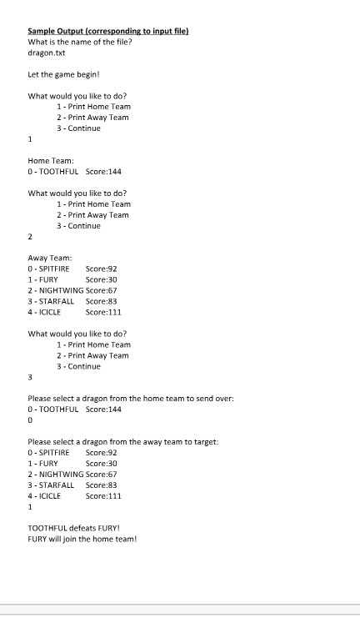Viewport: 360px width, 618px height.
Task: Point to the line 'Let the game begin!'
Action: [63, 73]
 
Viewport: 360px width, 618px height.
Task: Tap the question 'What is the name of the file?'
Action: [78, 42]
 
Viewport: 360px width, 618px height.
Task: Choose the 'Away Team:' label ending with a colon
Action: [50, 259]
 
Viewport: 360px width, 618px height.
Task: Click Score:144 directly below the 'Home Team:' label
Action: [103, 172]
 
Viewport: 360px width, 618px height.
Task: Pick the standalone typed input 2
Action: [31, 237]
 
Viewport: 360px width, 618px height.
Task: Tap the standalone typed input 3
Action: [31, 377]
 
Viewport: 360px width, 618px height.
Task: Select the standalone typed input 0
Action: [31, 420]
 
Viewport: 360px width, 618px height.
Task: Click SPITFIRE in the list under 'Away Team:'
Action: [52, 269]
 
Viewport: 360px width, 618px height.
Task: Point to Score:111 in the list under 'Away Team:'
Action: [103, 312]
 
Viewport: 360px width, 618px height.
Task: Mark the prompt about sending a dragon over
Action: [131, 399]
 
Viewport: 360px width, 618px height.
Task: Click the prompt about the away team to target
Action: [123, 441]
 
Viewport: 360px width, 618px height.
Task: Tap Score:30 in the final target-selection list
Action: [101, 463]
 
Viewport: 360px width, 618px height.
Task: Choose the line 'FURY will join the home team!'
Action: [82, 539]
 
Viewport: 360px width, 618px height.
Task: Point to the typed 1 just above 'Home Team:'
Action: [31, 140]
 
